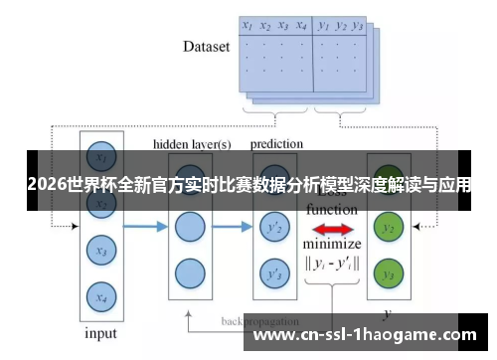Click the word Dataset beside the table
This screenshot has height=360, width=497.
click(x=206, y=46)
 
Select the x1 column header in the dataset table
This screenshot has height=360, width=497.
click(x=248, y=25)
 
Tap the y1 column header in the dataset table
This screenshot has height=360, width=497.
click(x=324, y=25)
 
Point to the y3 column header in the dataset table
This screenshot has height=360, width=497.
click(x=358, y=25)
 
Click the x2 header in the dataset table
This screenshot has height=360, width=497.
click(x=265, y=25)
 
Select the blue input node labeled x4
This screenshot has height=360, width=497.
click(x=99, y=294)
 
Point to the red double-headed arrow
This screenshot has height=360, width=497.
click(x=333, y=230)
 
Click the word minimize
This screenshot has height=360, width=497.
click(x=333, y=245)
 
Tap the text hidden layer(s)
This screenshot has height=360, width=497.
click(x=192, y=144)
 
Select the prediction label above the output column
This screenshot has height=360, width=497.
click(x=276, y=144)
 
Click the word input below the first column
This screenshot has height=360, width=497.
click(x=99, y=333)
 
